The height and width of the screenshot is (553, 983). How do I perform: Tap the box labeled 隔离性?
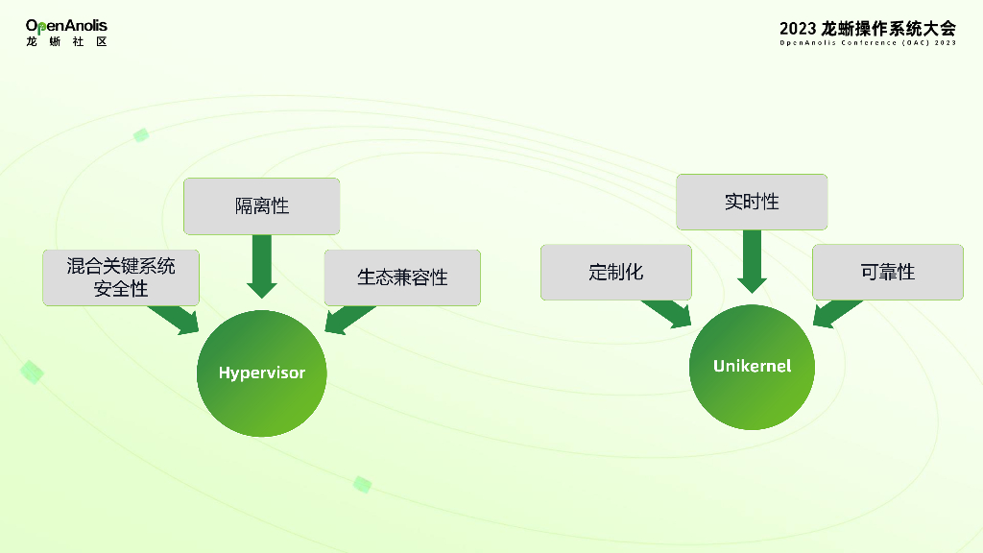point(262,206)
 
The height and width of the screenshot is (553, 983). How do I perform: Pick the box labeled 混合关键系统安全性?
point(121,277)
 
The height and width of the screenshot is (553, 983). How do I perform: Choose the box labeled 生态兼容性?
point(402,277)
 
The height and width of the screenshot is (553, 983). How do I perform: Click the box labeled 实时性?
point(752,202)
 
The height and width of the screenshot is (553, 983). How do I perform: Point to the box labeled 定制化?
point(615,272)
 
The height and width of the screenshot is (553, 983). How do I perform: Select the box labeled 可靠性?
point(887,272)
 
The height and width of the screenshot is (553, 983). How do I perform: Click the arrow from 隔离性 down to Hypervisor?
point(262,265)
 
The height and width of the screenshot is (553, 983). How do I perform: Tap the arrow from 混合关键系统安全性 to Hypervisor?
point(176,319)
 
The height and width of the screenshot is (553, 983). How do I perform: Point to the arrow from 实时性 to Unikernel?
point(752,260)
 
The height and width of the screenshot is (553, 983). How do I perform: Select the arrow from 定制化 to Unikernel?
point(668,313)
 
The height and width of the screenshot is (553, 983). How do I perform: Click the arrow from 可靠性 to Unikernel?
point(835,313)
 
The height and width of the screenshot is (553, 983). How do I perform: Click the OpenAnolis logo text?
point(66,26)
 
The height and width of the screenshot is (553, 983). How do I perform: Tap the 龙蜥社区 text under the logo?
point(66,42)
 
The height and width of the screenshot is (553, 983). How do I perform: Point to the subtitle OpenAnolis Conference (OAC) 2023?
point(868,43)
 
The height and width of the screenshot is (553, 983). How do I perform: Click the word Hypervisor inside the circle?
point(262,373)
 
